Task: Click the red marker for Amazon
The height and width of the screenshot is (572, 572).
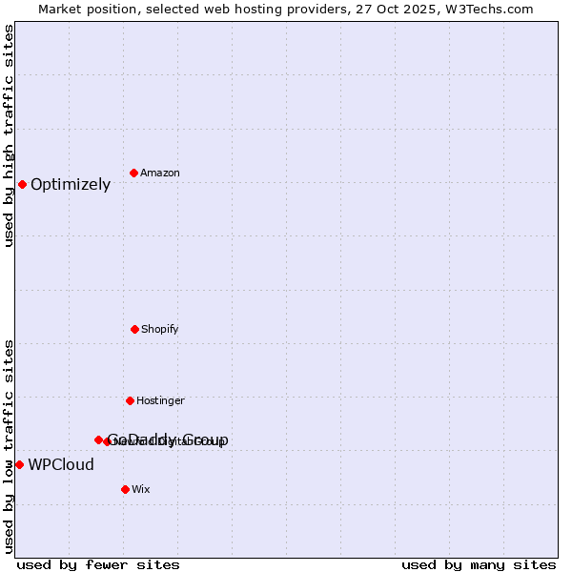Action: tap(133, 173)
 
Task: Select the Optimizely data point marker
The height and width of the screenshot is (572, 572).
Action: tap(22, 184)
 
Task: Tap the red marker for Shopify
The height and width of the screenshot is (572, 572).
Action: tap(134, 329)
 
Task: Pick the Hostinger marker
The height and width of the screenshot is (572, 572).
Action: tap(130, 400)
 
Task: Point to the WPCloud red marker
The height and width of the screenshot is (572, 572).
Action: tap(19, 464)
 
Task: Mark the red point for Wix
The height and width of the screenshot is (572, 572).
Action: tap(125, 489)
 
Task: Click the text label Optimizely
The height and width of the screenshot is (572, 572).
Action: tap(71, 185)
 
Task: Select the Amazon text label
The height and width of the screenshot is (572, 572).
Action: tap(160, 174)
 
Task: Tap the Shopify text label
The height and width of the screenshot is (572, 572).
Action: tap(160, 330)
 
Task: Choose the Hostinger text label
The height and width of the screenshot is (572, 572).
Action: tap(160, 401)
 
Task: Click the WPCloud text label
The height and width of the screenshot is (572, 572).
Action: tap(61, 465)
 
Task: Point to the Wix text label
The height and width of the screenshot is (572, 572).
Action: tap(141, 490)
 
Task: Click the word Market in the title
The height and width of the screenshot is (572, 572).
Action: tap(61, 9)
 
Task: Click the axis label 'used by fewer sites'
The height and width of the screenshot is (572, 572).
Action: tap(98, 564)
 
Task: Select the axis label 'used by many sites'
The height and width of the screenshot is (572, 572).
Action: tap(479, 564)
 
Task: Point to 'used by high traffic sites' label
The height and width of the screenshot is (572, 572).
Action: tap(9, 135)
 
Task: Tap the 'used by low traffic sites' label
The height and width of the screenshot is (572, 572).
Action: tap(9, 446)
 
